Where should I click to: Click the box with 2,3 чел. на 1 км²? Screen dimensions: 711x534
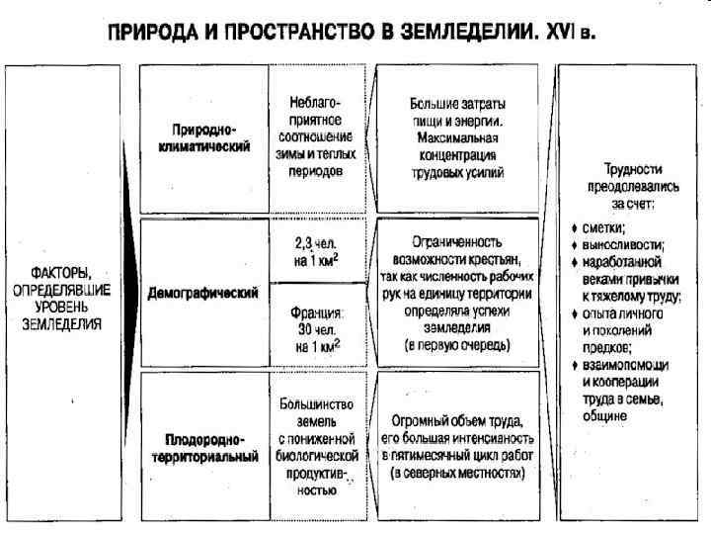[316, 252]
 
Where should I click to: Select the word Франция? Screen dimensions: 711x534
[317, 310]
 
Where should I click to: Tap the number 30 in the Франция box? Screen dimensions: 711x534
[304, 328]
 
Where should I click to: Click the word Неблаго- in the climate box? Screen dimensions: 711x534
[316, 102]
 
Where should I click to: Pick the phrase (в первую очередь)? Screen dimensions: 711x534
[457, 347]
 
